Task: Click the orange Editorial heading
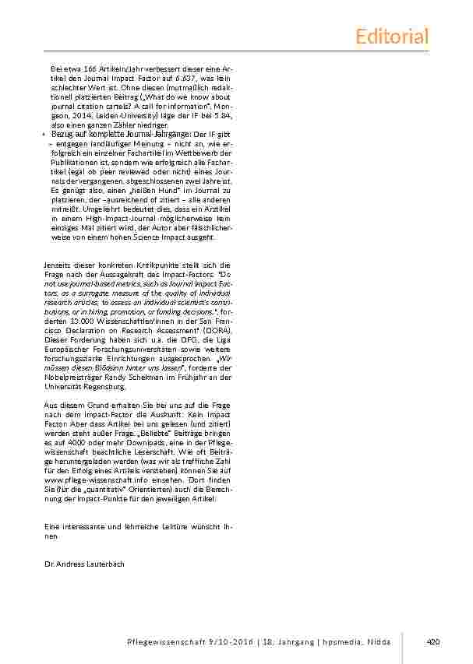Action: (x=392, y=36)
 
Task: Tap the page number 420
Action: (x=434, y=641)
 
